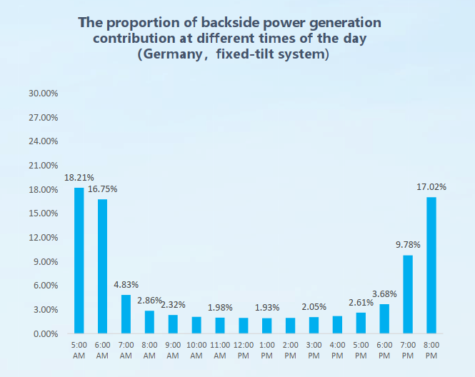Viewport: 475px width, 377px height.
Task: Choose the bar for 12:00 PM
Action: [x=244, y=326]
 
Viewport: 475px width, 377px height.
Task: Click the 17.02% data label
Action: [x=431, y=187]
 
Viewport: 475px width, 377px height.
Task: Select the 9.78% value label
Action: [x=407, y=245]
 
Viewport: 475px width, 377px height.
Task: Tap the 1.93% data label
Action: [x=267, y=308]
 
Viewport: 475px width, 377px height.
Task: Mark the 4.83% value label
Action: [x=126, y=285]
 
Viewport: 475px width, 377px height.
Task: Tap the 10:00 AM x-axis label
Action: [x=196, y=350]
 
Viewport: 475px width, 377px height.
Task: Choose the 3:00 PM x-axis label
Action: [x=314, y=350]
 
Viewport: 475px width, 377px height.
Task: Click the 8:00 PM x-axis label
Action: [x=431, y=350]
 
